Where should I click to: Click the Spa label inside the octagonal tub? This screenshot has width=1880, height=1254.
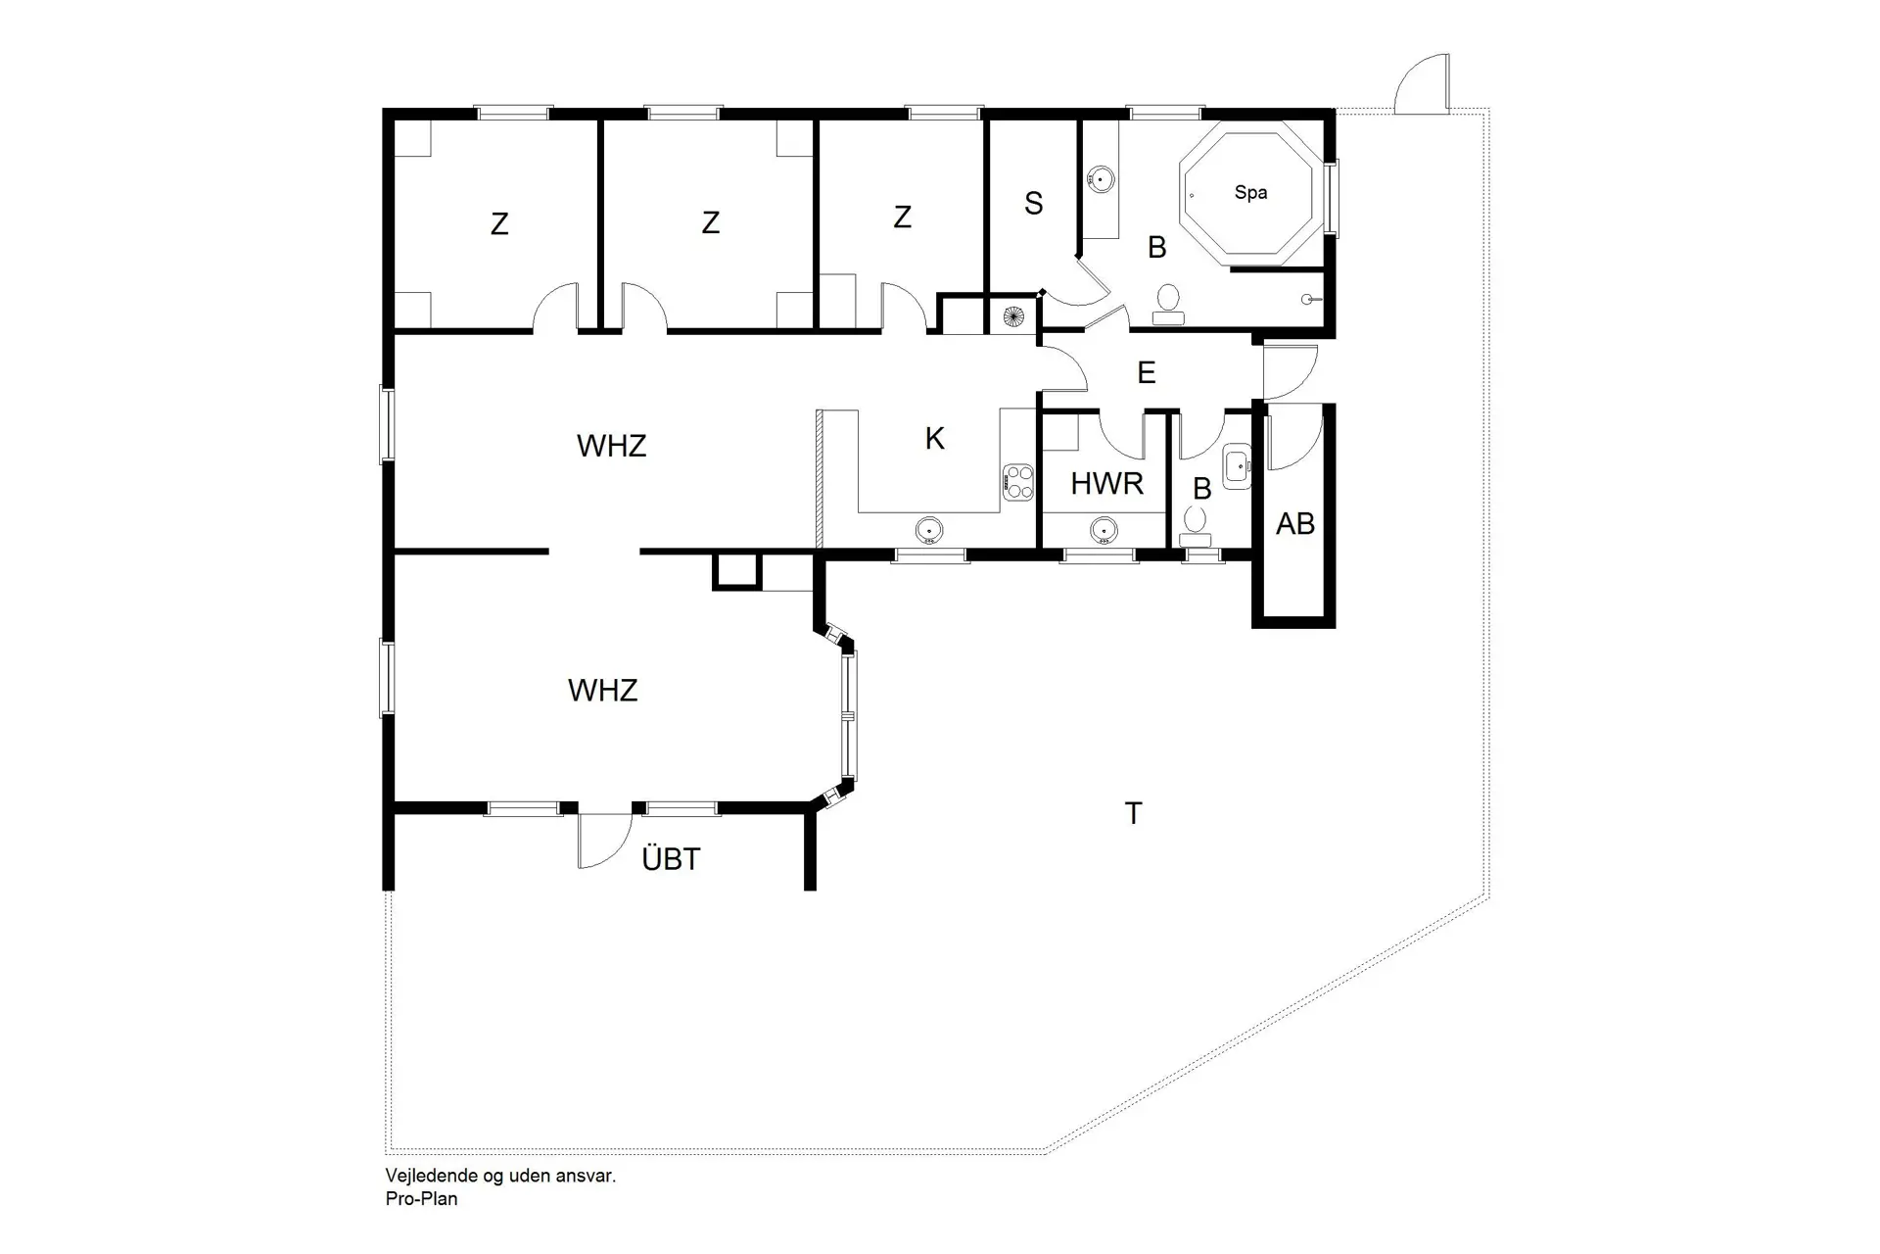click(x=1250, y=193)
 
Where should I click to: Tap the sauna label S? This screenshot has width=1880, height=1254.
click(x=1033, y=204)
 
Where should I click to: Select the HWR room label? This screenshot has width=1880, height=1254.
click(x=1106, y=483)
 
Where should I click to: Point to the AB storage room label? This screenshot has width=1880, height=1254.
click(x=1294, y=524)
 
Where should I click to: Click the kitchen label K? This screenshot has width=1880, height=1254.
click(x=934, y=439)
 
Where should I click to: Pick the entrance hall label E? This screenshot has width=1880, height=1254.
click(x=1146, y=373)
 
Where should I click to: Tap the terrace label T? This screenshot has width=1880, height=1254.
click(x=1133, y=813)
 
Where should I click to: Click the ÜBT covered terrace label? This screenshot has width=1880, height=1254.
click(x=671, y=859)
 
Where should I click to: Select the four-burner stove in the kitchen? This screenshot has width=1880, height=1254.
click(x=1018, y=481)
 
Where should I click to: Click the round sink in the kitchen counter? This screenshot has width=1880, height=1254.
click(x=928, y=531)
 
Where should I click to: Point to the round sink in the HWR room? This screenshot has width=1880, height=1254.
click(x=1104, y=531)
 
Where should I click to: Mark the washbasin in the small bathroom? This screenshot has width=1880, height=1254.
click(x=1238, y=464)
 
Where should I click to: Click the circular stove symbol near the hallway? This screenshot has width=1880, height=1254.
click(x=1012, y=316)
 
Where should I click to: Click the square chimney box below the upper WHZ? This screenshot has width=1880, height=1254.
click(x=736, y=570)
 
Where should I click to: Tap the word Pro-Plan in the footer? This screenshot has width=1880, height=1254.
click(x=421, y=1198)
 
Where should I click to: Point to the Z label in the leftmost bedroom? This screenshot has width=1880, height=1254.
click(x=499, y=224)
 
